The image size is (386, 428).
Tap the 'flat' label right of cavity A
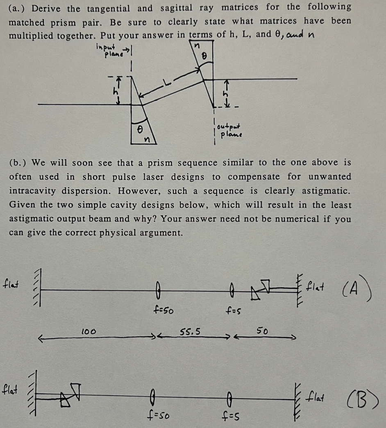(x=316, y=284)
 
